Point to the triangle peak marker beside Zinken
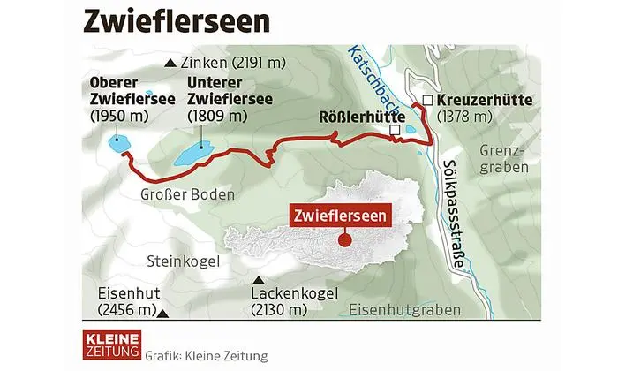point(170,63)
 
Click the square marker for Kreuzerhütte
point(428,100)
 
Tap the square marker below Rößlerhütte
point(395,132)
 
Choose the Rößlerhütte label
point(362,116)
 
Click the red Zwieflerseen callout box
point(338,214)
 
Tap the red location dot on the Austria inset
point(344,239)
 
